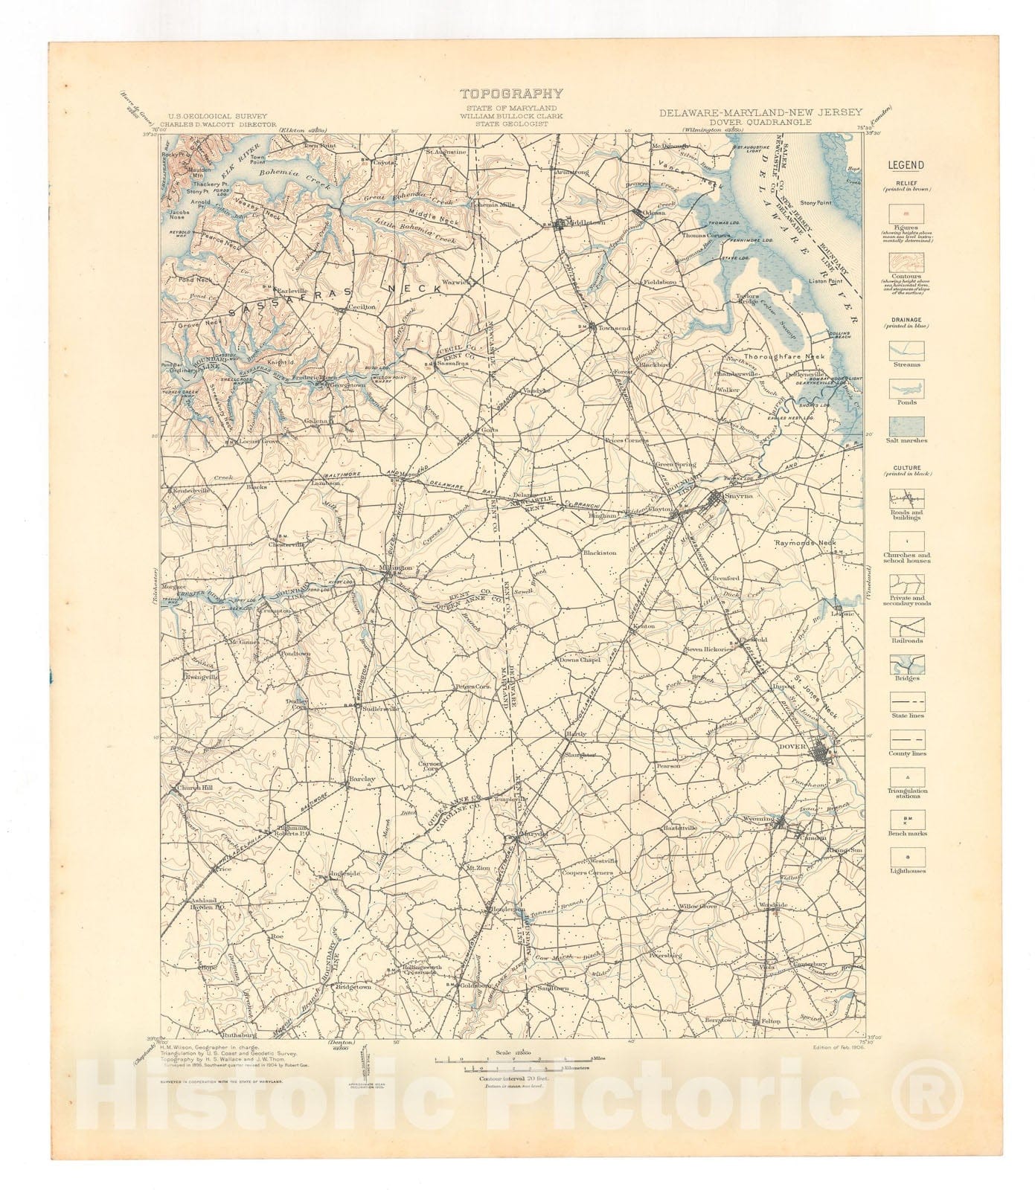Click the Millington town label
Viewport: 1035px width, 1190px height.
[396, 568]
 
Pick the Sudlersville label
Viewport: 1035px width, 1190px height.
[380, 708]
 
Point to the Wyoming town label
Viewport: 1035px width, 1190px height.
[758, 818]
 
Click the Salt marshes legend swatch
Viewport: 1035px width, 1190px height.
[906, 426]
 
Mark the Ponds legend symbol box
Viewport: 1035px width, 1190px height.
[906, 387]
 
